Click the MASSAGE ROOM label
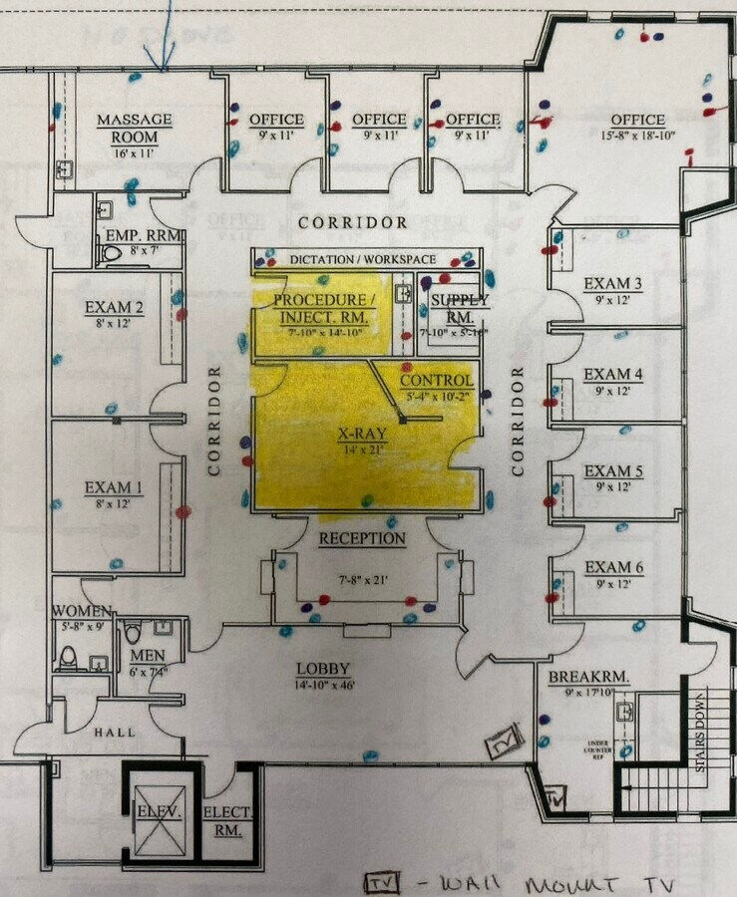134,128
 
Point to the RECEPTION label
362,539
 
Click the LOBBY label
323,669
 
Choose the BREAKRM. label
588,677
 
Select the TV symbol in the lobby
505,742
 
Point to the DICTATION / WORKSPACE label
363,259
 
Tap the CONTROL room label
436,381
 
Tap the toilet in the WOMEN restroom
68,657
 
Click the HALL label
115,733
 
